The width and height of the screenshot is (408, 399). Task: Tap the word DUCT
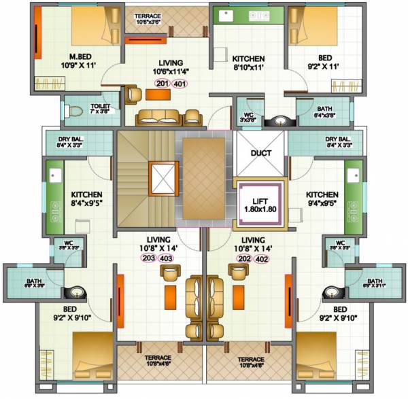point(261,153)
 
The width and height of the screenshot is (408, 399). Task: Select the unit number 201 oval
point(161,84)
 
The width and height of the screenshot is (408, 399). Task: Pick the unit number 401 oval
point(180,84)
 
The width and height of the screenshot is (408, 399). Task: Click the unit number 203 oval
point(148,258)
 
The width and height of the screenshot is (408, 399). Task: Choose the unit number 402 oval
point(262,258)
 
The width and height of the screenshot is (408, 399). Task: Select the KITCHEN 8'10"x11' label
point(248,63)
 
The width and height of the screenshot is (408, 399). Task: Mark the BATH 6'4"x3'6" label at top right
point(324,111)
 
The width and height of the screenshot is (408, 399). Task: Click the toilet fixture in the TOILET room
point(76,109)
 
